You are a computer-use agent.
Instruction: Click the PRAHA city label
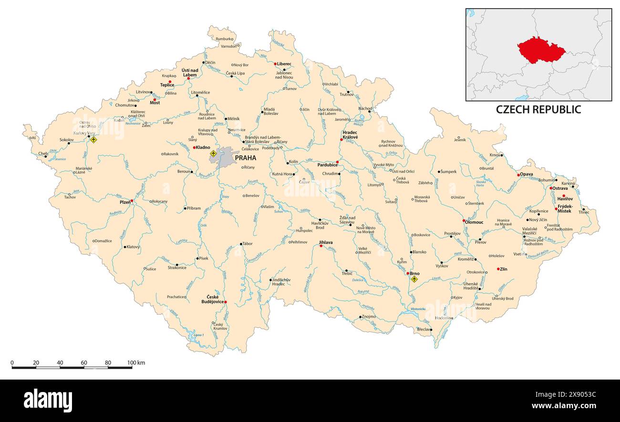click(x=245, y=158)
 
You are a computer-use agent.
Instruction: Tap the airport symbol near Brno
click(x=414, y=279)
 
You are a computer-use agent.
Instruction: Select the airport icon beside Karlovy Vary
click(x=93, y=140)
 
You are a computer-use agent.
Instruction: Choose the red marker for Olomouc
click(x=464, y=221)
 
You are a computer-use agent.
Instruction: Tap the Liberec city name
click(x=284, y=64)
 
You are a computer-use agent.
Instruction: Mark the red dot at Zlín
click(x=498, y=269)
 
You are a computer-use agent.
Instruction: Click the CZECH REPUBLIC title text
click(x=538, y=109)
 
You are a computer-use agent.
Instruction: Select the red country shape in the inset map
click(x=540, y=50)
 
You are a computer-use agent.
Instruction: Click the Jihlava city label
click(x=326, y=243)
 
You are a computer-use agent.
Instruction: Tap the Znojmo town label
click(x=369, y=317)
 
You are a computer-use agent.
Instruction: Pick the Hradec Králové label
click(x=350, y=134)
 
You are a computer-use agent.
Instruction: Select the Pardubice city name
click(x=327, y=165)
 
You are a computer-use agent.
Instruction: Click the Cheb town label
click(x=43, y=154)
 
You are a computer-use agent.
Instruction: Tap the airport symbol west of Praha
click(x=213, y=154)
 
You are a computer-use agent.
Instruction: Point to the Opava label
click(x=527, y=174)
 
